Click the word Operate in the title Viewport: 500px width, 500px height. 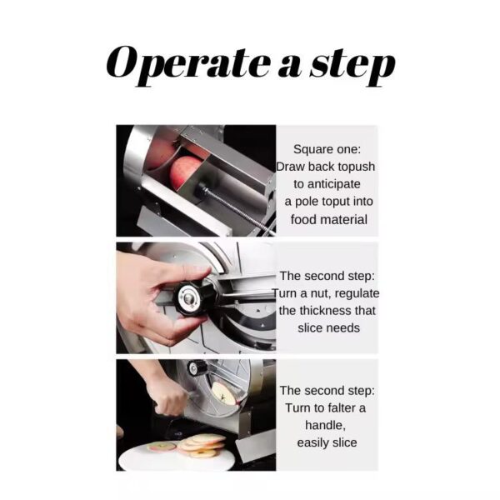(x=188, y=65)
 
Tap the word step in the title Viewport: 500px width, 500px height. (x=352, y=67)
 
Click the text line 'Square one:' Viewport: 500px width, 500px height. (x=327, y=149)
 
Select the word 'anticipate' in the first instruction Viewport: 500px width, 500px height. (x=327, y=184)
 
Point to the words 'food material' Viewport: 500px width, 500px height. (x=329, y=220)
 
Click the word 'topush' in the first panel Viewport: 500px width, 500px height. (x=357, y=167)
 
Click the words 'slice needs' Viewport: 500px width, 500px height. (x=329, y=327)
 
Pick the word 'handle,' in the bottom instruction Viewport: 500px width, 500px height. (x=325, y=425)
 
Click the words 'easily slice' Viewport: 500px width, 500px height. (x=327, y=442)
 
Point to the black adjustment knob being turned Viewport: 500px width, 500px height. (x=192, y=298)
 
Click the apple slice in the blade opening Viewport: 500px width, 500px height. (x=224, y=394)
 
